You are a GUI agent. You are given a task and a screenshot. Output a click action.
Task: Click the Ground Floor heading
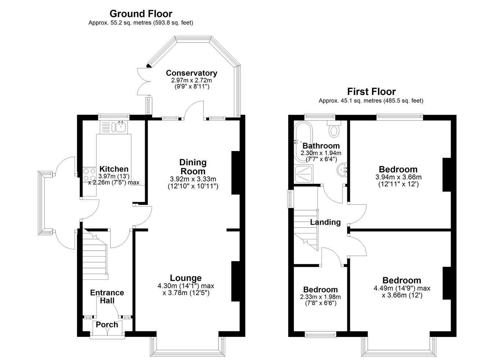pyautogui.click(x=141, y=14)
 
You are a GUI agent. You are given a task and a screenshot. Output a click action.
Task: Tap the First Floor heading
pyautogui.click(x=371, y=92)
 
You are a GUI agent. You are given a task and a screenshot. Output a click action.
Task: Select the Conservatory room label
pyautogui.click(x=192, y=73)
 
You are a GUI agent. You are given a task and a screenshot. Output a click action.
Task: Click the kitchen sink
pyautogui.click(x=121, y=127)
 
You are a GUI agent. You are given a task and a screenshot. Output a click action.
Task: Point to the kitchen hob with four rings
pyautogui.click(x=89, y=175)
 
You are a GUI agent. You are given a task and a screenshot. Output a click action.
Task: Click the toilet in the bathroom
pyautogui.click(x=334, y=129)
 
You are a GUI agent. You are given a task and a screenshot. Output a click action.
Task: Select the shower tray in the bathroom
pyautogui.click(x=304, y=174)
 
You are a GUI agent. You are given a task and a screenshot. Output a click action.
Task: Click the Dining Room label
pyautogui.click(x=193, y=167)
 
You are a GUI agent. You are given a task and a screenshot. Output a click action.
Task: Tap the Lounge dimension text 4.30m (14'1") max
pyautogui.click(x=186, y=286)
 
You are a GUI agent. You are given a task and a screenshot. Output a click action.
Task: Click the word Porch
pyautogui.click(x=107, y=324)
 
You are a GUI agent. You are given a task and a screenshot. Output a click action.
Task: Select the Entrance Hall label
pyautogui.click(x=107, y=297)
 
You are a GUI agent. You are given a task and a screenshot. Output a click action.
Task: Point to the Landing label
pyautogui.click(x=325, y=222)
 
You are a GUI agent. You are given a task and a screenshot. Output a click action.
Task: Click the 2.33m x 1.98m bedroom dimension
pyautogui.click(x=320, y=297)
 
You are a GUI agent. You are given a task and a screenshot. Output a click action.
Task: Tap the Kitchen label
pyautogui.click(x=114, y=169)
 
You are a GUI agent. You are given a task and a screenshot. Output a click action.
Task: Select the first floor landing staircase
pyautogui.click(x=306, y=230)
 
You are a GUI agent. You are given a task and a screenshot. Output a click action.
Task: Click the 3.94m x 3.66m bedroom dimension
pyautogui.click(x=399, y=177)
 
